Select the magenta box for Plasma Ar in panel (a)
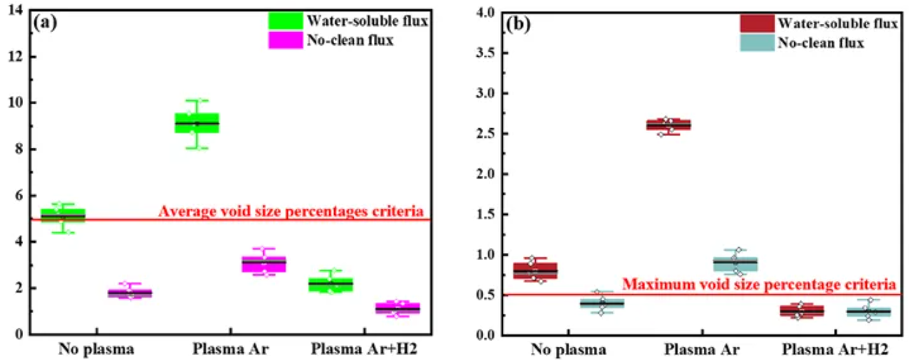tap(264, 263)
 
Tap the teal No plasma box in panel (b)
tap(602, 303)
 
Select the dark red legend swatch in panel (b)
tap(756, 24)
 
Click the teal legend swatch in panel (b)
tap(756, 43)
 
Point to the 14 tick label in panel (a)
tap(15, 10)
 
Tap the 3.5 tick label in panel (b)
tap(487, 53)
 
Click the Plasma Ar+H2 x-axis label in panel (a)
tap(363, 348)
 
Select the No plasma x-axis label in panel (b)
tap(568, 348)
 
